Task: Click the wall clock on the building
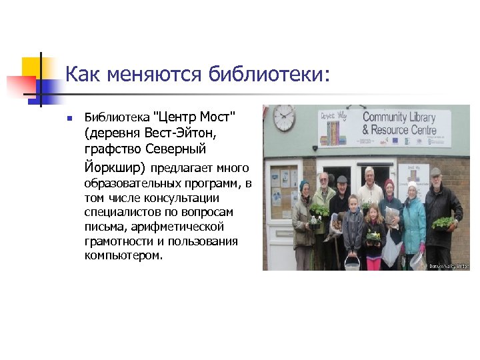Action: pos(284,118)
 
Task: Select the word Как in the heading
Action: pos(81,73)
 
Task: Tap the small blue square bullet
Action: pos(69,118)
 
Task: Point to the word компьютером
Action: pos(123,255)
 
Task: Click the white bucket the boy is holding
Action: pos(351,263)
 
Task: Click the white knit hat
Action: pos(412,186)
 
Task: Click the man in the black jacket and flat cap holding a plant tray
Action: pos(440,213)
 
